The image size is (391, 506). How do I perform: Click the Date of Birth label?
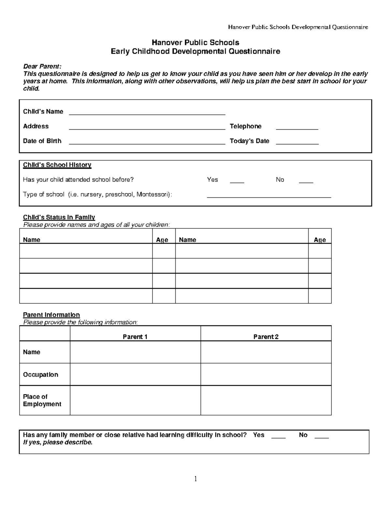click(x=42, y=141)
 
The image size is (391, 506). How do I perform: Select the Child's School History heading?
click(x=57, y=165)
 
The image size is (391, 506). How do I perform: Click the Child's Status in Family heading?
click(x=59, y=217)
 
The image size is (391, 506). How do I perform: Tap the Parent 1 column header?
click(x=135, y=337)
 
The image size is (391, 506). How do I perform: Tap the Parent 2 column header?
click(x=266, y=337)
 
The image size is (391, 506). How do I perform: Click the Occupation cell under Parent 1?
click(x=135, y=374)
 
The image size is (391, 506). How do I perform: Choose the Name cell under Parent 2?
click(x=266, y=352)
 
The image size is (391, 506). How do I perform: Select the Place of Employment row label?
click(x=42, y=400)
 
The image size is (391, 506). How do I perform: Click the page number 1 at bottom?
click(x=195, y=479)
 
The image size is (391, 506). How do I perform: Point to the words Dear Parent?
click(x=42, y=66)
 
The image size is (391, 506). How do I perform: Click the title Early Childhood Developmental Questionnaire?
click(x=195, y=51)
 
